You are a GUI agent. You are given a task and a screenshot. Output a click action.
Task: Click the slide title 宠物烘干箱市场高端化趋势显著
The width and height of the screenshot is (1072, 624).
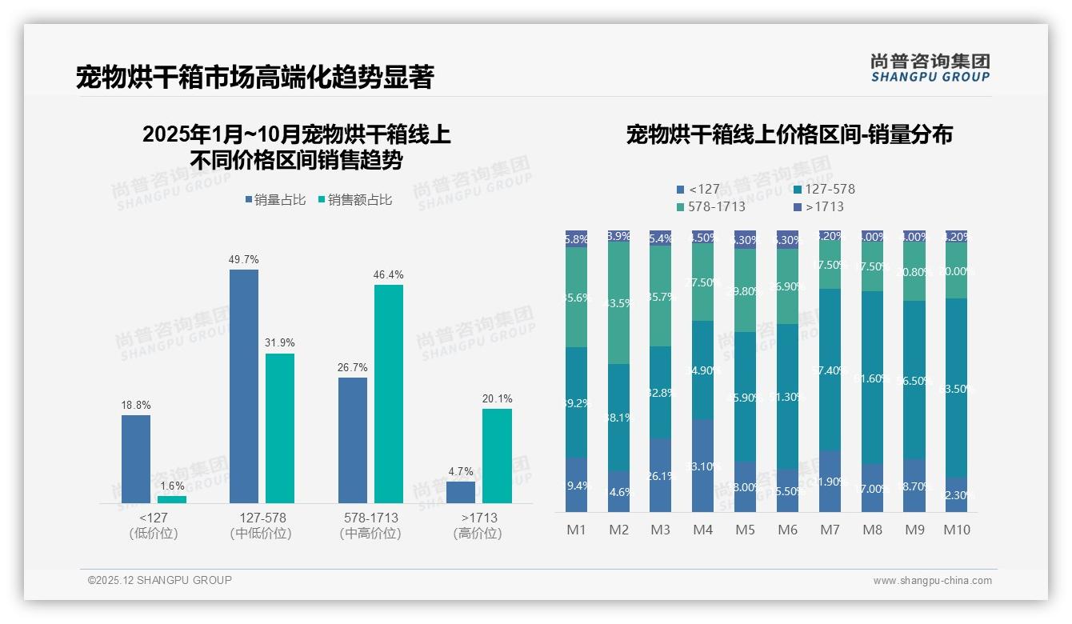pyautogui.click(x=254, y=78)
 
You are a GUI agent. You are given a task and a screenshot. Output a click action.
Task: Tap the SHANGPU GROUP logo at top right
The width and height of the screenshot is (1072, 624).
pyautogui.click(x=930, y=68)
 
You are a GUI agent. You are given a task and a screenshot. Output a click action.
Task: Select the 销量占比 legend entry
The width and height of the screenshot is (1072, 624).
pyautogui.click(x=274, y=200)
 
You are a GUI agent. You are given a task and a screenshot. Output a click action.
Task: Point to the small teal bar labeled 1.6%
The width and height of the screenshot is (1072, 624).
pyautogui.click(x=171, y=499)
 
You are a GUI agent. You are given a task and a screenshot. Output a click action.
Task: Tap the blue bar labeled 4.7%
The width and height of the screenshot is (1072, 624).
pyautogui.click(x=461, y=492)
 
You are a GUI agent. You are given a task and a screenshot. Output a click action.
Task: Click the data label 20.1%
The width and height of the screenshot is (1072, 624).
pyautogui.click(x=498, y=398)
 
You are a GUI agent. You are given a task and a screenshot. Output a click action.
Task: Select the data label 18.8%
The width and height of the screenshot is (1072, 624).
pyautogui.click(x=136, y=405)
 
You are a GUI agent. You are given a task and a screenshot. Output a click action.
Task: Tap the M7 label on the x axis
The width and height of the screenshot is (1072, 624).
pyautogui.click(x=830, y=530)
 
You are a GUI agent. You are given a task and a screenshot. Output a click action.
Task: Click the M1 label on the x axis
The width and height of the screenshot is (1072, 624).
pyautogui.click(x=576, y=530)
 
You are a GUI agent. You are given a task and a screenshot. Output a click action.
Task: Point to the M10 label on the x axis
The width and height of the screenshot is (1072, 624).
pyautogui.click(x=956, y=530)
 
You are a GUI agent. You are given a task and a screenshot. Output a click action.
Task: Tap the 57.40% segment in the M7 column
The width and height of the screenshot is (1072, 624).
pyautogui.click(x=830, y=370)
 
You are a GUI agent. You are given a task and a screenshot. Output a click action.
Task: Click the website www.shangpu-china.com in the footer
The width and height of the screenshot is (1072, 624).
pyautogui.click(x=932, y=581)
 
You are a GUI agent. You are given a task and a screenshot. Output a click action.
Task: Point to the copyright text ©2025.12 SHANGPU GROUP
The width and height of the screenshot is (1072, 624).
pyautogui.click(x=160, y=580)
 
